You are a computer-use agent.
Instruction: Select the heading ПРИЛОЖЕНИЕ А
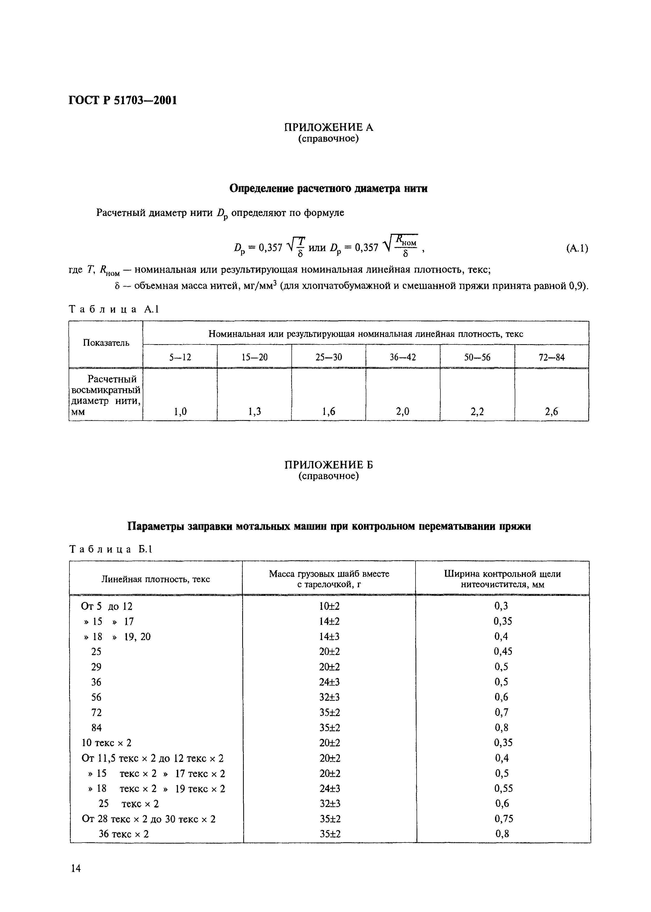coord(328,128)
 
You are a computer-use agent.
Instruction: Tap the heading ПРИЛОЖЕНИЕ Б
coord(328,465)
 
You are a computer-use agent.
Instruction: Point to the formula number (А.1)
coord(577,249)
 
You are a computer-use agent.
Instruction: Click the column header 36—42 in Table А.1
coord(403,357)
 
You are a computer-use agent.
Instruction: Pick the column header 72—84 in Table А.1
coord(552,357)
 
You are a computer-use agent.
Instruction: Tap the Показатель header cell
coord(106,343)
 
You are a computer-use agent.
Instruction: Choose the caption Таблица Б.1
coord(111,549)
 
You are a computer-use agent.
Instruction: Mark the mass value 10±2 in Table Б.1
coord(329,606)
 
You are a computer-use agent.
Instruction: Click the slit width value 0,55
coord(504,788)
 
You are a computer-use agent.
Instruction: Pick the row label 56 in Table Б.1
coord(96,697)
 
